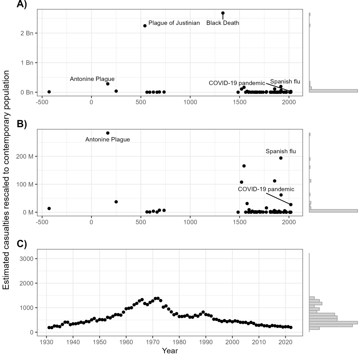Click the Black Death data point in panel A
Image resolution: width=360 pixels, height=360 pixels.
pos(223,13)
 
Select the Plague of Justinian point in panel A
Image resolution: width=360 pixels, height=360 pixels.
pos(145,26)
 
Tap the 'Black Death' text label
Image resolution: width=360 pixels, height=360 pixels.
pos(223,23)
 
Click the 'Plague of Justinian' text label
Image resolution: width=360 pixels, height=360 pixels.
pos(174,23)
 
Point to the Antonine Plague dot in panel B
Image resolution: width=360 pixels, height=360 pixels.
pos(108,133)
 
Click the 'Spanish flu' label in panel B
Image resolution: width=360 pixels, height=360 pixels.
pos(281,152)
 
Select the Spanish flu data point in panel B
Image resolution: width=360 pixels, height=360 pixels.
pos(281,158)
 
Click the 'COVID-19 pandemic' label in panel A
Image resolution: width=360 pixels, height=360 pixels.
pos(237,83)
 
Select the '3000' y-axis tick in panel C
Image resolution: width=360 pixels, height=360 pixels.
pos(26,259)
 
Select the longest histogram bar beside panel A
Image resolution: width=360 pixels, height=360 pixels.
pos(333,90)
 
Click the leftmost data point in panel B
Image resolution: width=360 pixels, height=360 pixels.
pos(49,208)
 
